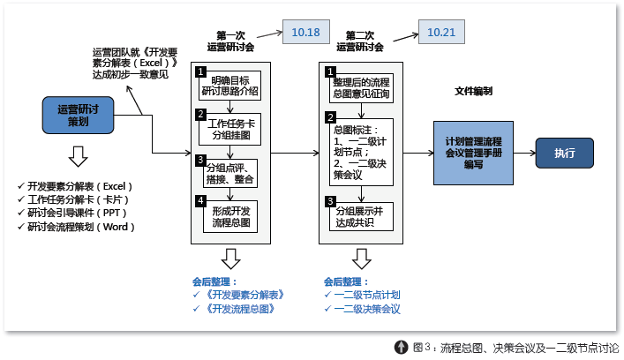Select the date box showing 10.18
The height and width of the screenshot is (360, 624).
(x=305, y=32)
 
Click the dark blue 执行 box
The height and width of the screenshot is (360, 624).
(x=564, y=153)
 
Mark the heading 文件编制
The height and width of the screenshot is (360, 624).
(x=473, y=91)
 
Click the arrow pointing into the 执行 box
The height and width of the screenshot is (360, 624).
(x=523, y=153)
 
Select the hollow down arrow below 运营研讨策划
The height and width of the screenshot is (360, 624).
(x=78, y=156)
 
